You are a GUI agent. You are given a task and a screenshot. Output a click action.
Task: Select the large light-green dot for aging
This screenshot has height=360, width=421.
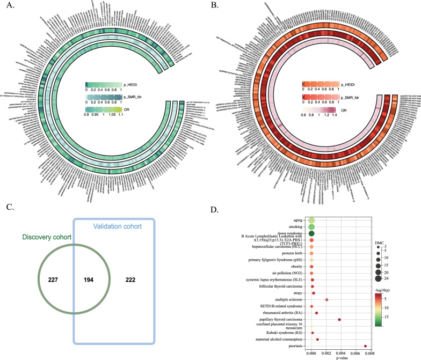pos(311,220)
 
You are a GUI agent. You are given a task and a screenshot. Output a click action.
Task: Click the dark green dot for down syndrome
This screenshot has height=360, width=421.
pos(311,233)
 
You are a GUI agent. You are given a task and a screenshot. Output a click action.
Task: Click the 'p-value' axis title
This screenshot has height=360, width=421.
pos(338,358)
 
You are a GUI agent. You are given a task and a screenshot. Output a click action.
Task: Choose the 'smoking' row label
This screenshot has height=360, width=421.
pos(293,227)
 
